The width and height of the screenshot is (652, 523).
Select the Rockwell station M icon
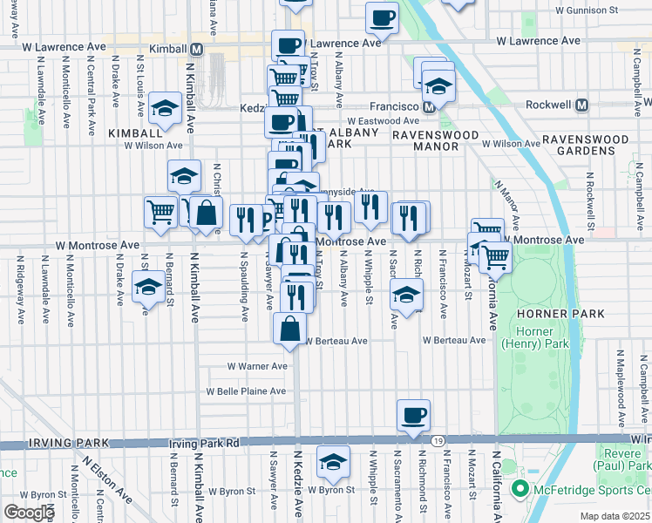(x=581, y=105)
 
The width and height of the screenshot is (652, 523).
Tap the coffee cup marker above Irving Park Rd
(x=413, y=415)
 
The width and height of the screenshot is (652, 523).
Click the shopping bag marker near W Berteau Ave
(x=289, y=329)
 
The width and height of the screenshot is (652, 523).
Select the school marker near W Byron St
(x=332, y=462)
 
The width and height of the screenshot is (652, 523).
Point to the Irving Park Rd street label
(x=204, y=444)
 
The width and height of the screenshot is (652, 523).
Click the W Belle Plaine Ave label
(x=246, y=391)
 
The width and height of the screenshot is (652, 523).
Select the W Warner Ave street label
(x=256, y=366)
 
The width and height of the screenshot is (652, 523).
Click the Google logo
(x=28, y=513)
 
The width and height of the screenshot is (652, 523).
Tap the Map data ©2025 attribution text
(x=614, y=516)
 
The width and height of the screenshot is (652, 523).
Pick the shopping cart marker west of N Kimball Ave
(x=160, y=212)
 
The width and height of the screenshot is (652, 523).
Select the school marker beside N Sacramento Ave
(x=406, y=294)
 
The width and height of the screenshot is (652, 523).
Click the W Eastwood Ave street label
(x=383, y=121)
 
